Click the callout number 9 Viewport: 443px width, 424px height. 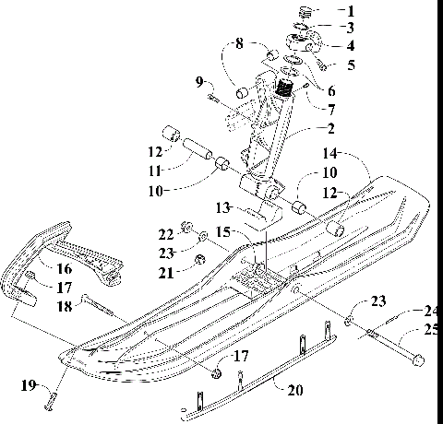(198, 83)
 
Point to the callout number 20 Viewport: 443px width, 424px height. (293, 391)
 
